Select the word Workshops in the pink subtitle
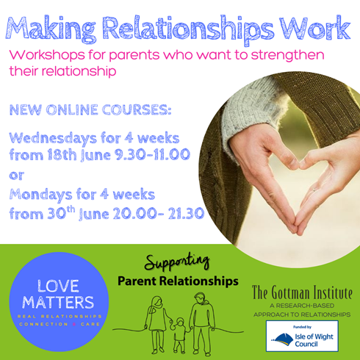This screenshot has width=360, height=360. point(47,55)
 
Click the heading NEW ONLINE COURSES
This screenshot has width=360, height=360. point(90,110)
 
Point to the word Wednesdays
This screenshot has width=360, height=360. point(53,139)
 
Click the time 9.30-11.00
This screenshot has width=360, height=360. point(152,154)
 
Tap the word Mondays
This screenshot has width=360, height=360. point(40,195)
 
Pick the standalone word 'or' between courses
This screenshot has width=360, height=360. point(16,176)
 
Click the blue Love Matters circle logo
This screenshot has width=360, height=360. point(59,302)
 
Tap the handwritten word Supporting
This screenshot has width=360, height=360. point(177,263)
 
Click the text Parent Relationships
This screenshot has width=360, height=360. point(178,281)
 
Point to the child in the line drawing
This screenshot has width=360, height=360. point(180,335)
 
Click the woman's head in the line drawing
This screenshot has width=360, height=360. point(157,303)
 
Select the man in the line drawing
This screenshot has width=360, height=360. point(202,324)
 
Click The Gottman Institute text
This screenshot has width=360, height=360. point(302,292)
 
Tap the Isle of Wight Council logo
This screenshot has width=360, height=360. point(302,336)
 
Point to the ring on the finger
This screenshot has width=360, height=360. point(314,190)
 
